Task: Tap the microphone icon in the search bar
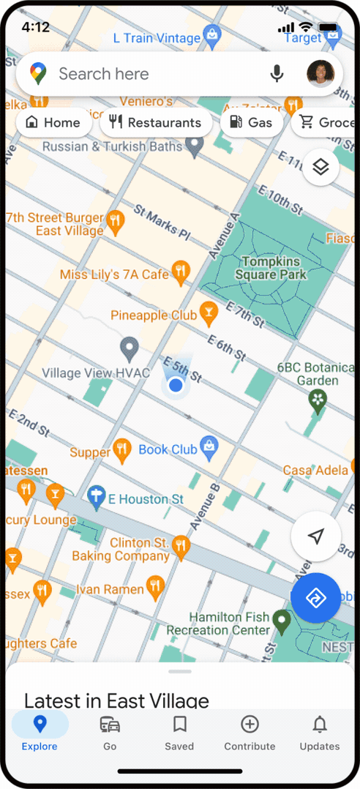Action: tap(277, 74)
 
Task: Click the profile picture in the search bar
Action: tap(320, 74)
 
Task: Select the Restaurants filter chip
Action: tap(155, 122)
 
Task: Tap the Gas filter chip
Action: tap(252, 122)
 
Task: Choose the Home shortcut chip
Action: tap(53, 122)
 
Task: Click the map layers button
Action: tap(320, 168)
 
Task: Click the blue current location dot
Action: tap(175, 385)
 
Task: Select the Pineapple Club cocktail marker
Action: tap(209, 313)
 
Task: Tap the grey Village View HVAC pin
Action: tap(130, 348)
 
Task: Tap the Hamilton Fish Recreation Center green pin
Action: tap(282, 622)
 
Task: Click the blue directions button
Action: tap(315, 598)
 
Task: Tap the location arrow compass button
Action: tap(315, 537)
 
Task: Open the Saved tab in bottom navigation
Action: tap(179, 733)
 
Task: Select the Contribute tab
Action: tap(250, 733)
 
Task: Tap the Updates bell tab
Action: tap(320, 733)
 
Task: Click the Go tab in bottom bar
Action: tap(110, 733)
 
